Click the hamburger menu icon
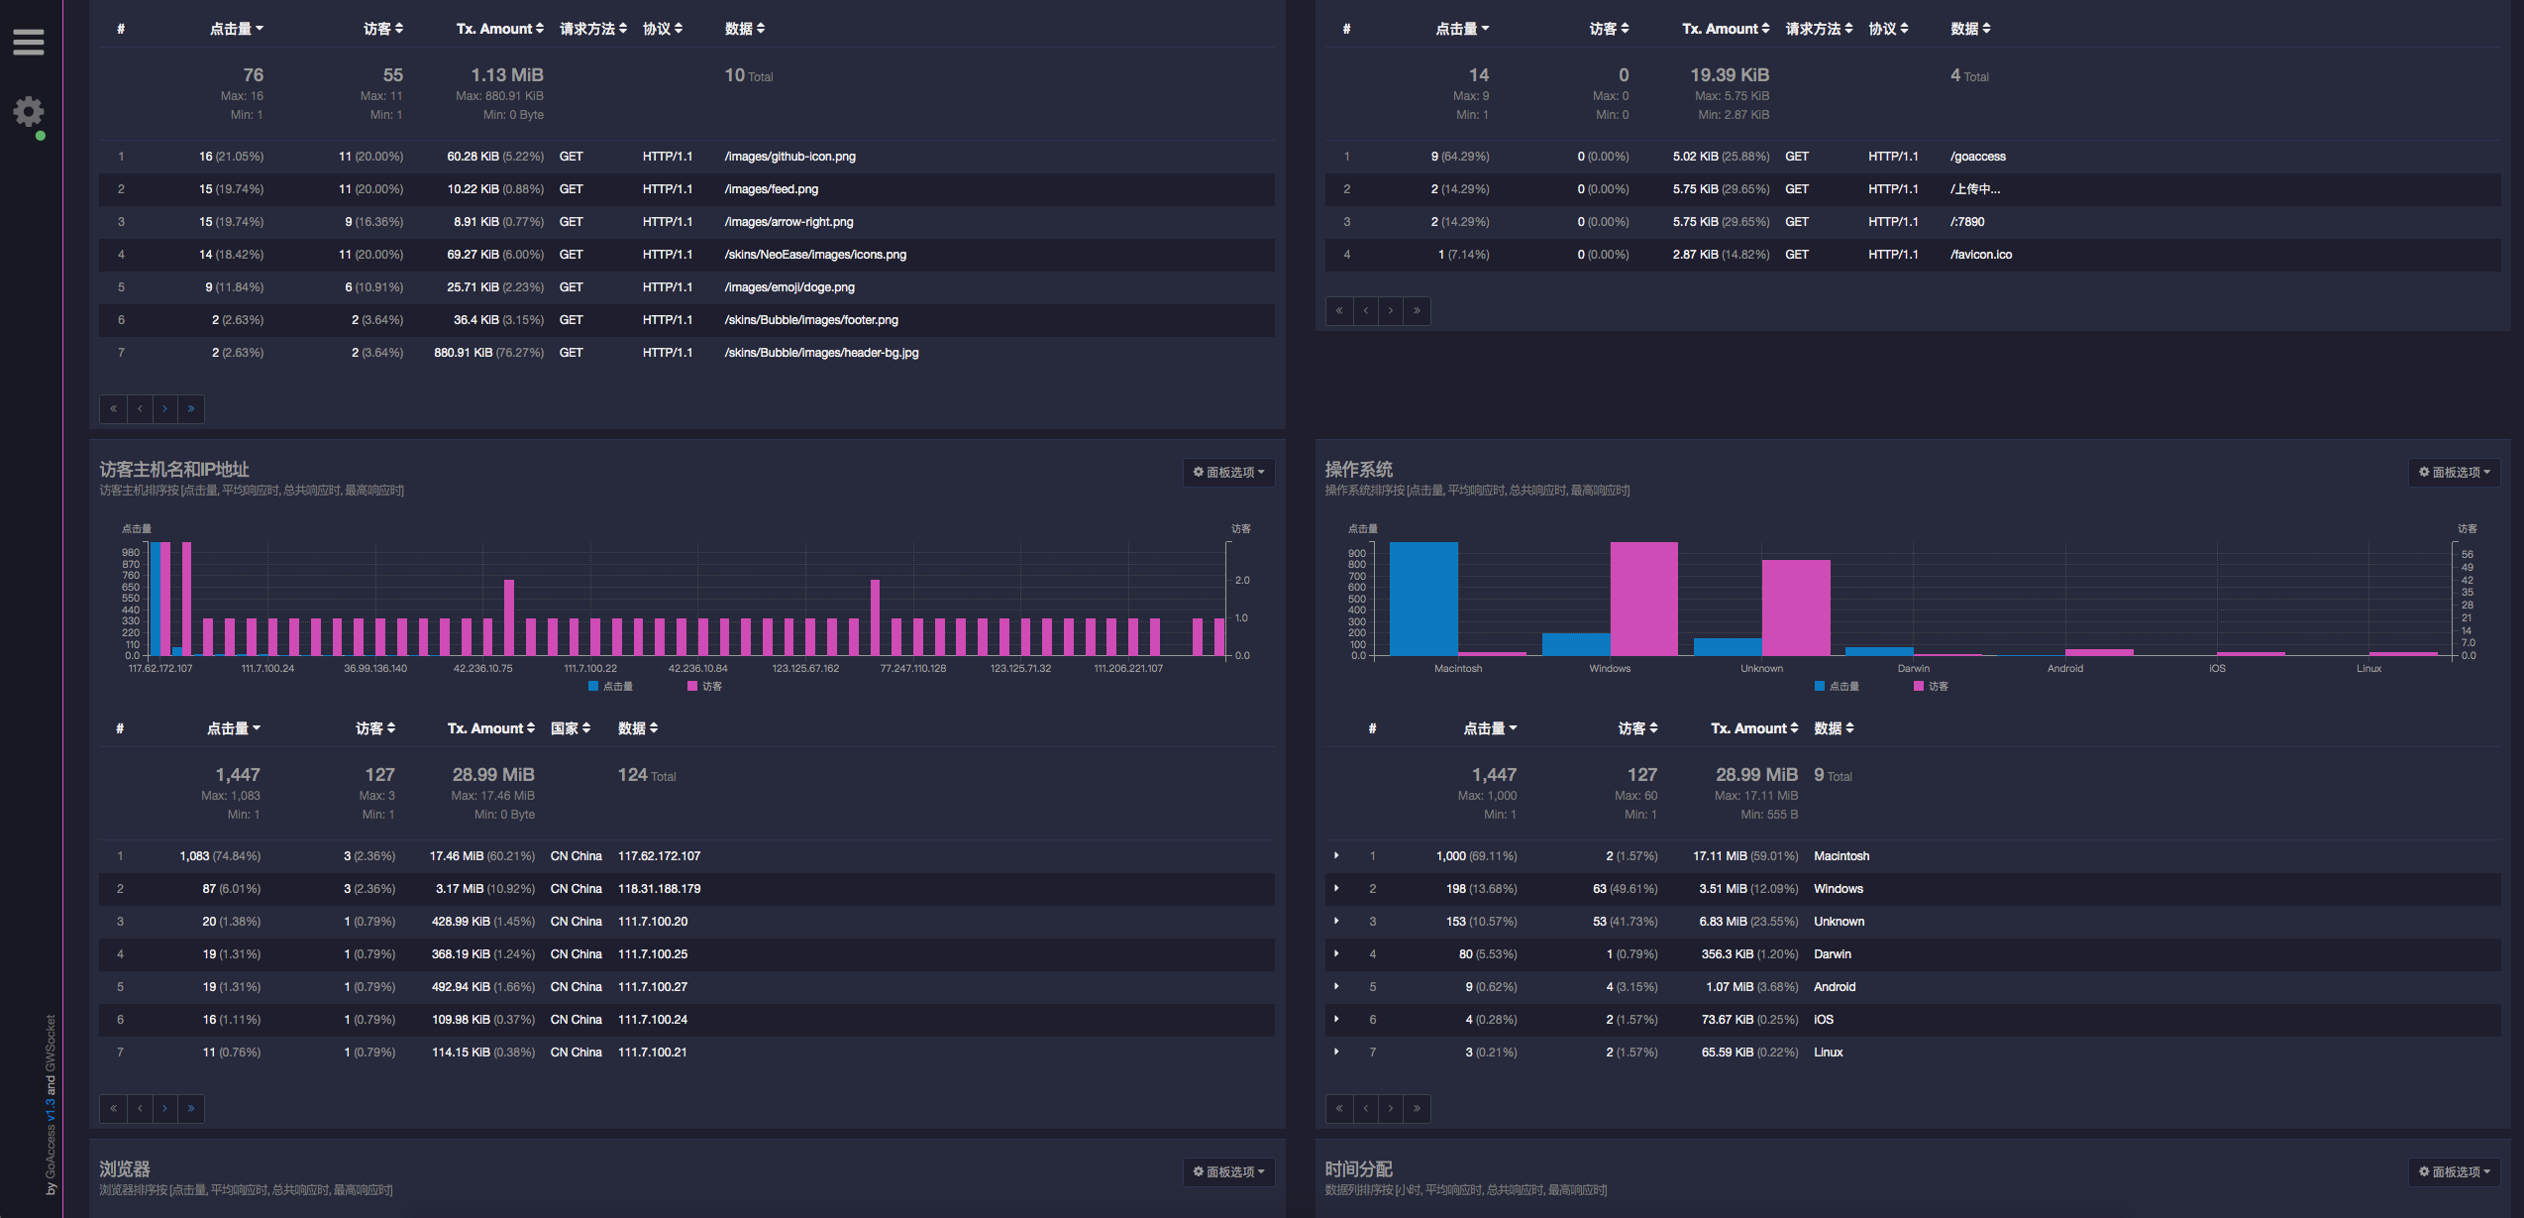click(x=29, y=43)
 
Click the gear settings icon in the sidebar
click(x=29, y=111)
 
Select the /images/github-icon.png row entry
click(x=789, y=157)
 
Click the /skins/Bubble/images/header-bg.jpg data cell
click(x=821, y=353)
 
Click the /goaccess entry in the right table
click(x=1977, y=157)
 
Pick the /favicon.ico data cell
click(x=1980, y=255)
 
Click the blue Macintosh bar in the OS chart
click(x=1423, y=599)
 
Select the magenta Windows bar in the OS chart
click(x=1643, y=599)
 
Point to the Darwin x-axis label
click(x=1913, y=669)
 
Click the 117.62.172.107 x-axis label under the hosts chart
click(x=160, y=669)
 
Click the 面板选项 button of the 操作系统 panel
click(x=2454, y=473)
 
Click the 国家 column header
click(x=571, y=728)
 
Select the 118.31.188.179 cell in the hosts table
click(x=659, y=889)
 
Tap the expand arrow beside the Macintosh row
click(x=1336, y=855)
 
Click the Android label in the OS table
click(x=1835, y=987)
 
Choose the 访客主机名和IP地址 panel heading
click(x=174, y=470)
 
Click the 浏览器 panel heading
click(x=125, y=1169)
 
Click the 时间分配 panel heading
click(x=1358, y=1169)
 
